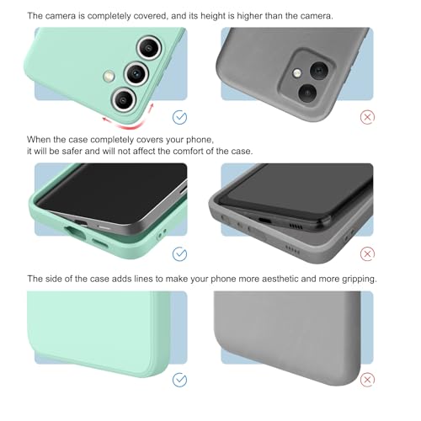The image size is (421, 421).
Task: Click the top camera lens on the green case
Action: pos(149,48)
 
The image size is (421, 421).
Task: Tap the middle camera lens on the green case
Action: pos(136,73)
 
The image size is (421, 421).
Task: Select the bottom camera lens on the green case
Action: pos(124,99)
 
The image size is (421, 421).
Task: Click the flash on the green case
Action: pos(109,76)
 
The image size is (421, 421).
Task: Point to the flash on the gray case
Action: pos(297,73)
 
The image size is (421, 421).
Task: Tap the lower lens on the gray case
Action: pos(307,93)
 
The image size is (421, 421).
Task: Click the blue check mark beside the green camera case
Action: pos(179,117)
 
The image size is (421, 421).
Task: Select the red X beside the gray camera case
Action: pos(367,117)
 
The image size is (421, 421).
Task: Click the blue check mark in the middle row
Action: pos(179,254)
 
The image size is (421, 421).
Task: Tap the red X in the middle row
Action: pos(367,254)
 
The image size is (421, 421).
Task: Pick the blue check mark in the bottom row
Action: pos(179,380)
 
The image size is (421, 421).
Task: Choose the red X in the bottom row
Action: pos(367,380)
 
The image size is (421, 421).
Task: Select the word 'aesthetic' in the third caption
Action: pos(280,279)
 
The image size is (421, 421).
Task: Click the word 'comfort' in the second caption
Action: pos(188,151)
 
